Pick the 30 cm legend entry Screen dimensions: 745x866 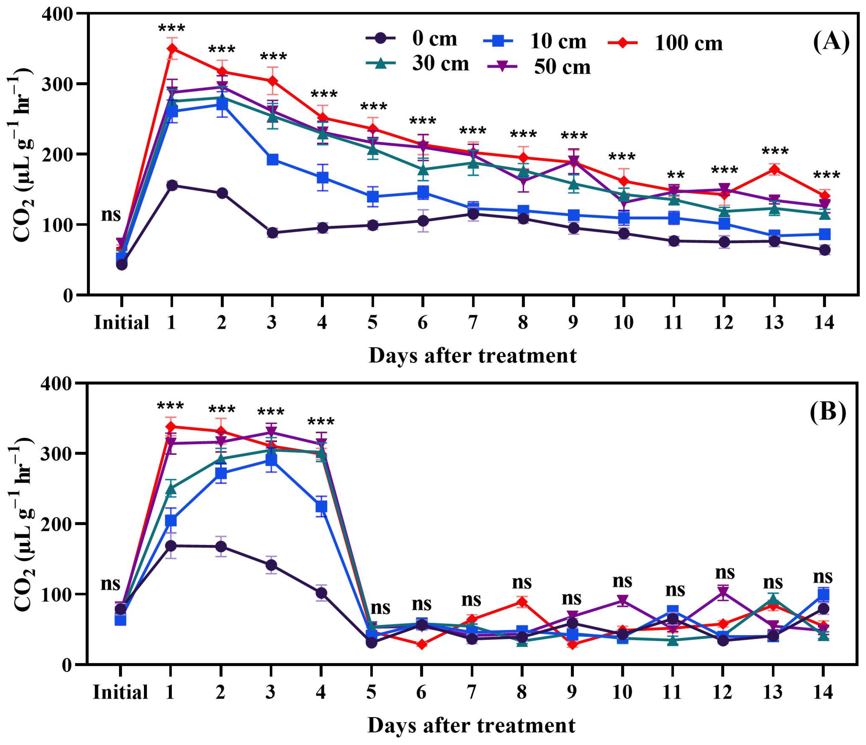click(x=418, y=63)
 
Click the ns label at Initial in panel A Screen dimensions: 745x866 click(x=111, y=215)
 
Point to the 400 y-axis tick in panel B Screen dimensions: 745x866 click(x=63, y=383)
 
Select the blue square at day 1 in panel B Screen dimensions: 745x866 click(x=170, y=521)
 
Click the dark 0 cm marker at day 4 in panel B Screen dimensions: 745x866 click(x=321, y=593)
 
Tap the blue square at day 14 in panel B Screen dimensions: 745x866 click(x=823, y=595)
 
